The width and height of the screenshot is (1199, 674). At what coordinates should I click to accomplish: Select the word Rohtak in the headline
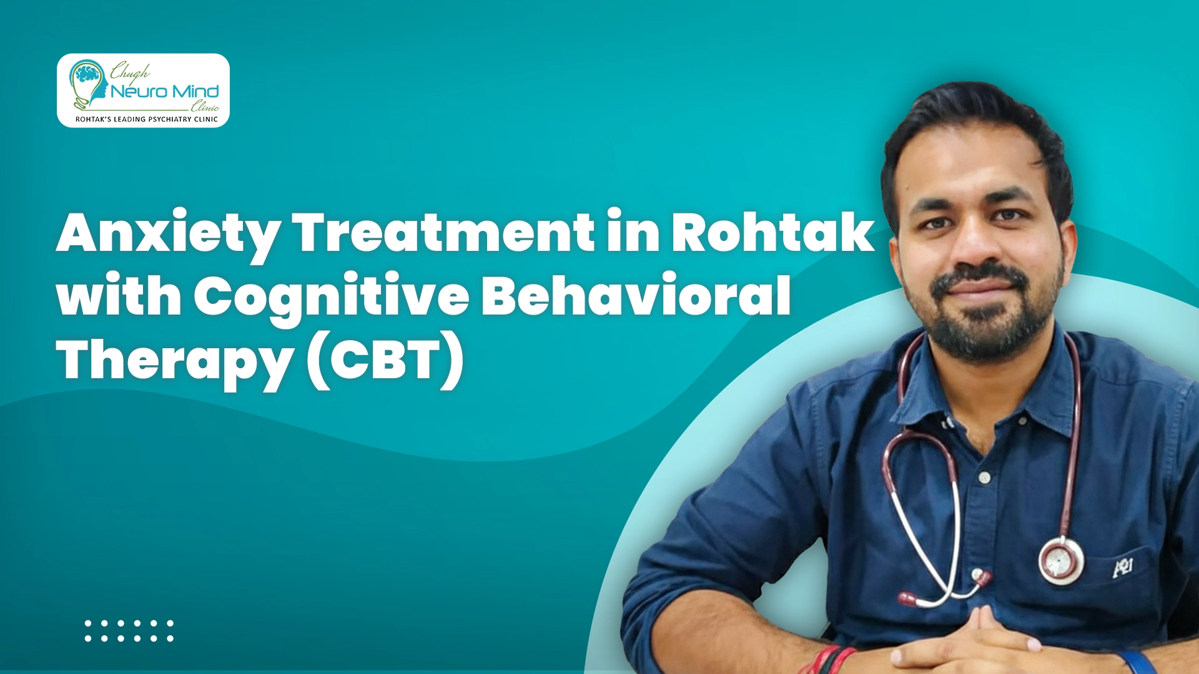[x=772, y=233]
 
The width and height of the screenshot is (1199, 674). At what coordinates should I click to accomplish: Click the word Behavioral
[x=636, y=295]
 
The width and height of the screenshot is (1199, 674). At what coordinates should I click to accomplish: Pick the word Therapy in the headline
[x=175, y=361]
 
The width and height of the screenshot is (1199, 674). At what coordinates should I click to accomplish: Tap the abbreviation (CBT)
[x=386, y=360]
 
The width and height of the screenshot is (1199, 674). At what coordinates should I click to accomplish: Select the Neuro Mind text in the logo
[x=165, y=92]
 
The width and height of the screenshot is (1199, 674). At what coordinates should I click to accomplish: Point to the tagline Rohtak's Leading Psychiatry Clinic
[x=147, y=119]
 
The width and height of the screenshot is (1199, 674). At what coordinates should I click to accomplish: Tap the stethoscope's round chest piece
[x=1060, y=561]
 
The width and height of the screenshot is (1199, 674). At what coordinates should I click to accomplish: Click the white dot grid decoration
[x=129, y=630]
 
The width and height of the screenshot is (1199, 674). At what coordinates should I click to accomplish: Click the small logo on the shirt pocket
[x=1123, y=567]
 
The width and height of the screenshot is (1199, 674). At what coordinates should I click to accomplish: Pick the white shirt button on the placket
[x=985, y=478]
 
